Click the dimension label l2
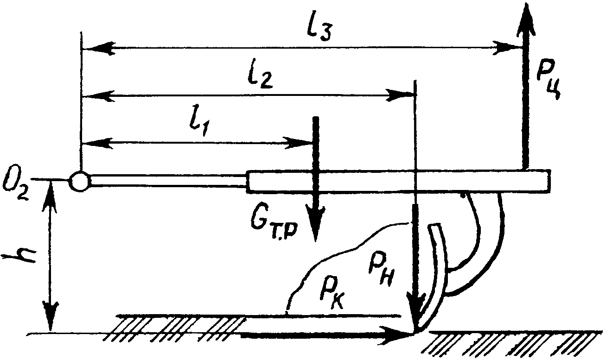click(x=260, y=77)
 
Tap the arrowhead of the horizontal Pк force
click(x=396, y=335)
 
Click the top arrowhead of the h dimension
click(x=51, y=194)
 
